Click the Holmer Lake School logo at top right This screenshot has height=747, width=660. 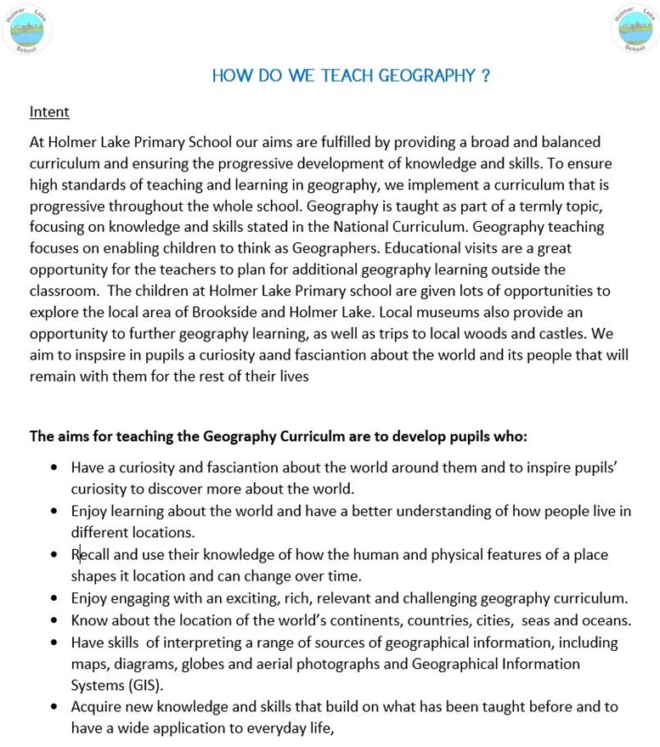tap(634, 29)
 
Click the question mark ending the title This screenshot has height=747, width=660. tap(485, 76)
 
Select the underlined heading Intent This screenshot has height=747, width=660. tap(49, 111)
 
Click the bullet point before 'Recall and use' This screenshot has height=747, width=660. tap(54, 555)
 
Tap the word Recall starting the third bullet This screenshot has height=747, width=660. tap(91, 555)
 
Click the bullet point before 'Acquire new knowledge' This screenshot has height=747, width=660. tap(54, 706)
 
